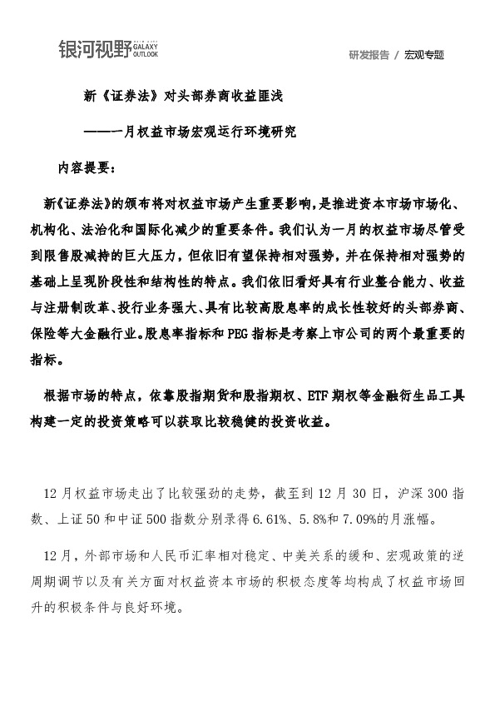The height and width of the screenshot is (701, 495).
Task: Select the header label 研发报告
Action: (x=369, y=55)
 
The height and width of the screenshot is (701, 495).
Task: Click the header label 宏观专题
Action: (x=424, y=55)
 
